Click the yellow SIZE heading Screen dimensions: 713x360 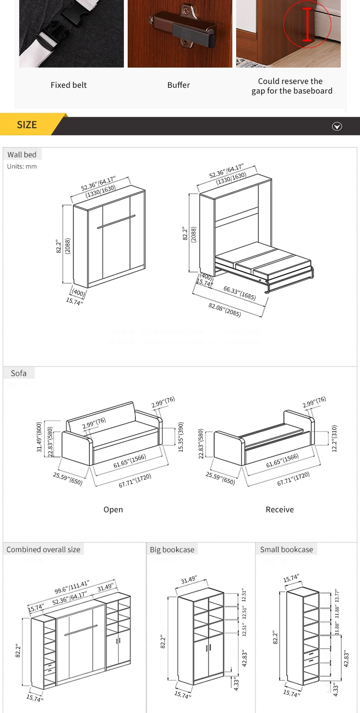tap(27, 125)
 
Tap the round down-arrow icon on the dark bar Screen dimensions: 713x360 tap(337, 127)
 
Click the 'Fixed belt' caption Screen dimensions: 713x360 tap(69, 85)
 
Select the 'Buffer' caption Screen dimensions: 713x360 tap(179, 85)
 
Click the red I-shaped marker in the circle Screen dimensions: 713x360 tap(307, 24)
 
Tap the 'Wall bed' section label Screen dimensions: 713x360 tap(22, 154)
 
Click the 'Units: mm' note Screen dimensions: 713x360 tap(22, 166)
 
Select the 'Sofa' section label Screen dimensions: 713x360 tap(19, 373)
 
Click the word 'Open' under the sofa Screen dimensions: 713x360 tap(113, 510)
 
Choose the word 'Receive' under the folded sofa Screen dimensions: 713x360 tap(280, 510)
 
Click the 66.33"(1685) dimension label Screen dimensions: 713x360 tap(240, 293)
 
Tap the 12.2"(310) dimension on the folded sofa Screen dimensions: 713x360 tap(335, 438)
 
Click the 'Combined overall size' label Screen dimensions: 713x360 tap(43, 549)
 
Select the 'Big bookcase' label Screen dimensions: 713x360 tap(172, 549)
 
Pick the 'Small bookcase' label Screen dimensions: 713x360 tap(287, 549)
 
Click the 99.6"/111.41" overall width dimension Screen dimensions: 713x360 tap(72, 587)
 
